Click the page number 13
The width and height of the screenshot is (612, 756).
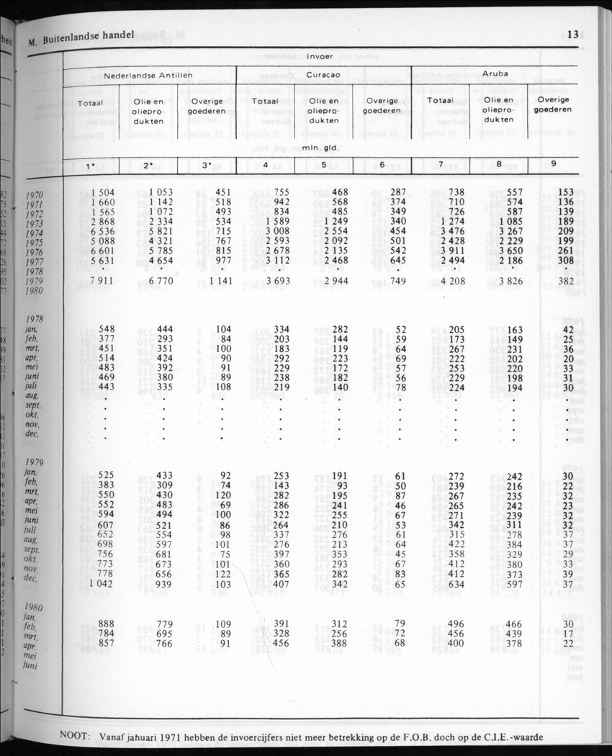coord(573,34)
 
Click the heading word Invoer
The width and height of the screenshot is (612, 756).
coord(320,55)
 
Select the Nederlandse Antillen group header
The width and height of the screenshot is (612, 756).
coord(148,74)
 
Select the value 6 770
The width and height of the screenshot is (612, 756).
coord(163,280)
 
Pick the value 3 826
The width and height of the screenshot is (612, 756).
coord(508,280)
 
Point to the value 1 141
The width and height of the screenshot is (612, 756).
coord(217,280)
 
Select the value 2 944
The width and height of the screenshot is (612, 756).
coord(334,280)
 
